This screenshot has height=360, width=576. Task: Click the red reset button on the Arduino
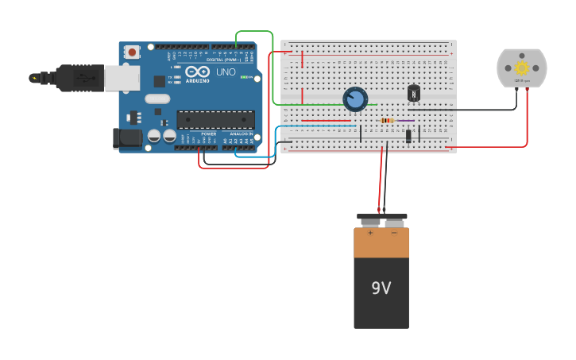point(132,52)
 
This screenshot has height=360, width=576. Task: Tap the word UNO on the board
point(226,72)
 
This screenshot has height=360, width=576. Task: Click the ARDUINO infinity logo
point(197,72)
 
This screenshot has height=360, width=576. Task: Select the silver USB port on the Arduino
point(122,78)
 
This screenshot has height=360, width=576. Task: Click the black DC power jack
point(126,139)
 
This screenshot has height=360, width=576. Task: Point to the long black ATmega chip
point(215,120)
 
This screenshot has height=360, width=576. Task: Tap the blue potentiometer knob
point(355,99)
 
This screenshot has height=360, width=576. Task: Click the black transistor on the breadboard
point(414,94)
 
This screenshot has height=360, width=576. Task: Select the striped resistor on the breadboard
point(388,121)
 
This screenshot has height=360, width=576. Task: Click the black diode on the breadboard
point(408,136)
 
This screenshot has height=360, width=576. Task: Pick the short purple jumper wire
point(405,121)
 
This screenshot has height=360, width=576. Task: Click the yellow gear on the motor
point(522,68)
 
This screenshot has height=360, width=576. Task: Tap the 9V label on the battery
point(381,288)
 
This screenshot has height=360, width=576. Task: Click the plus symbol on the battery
point(370,234)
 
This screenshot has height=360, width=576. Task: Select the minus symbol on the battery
point(393,234)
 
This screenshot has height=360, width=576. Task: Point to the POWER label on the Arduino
point(208,134)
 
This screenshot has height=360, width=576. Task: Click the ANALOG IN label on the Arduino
point(242,134)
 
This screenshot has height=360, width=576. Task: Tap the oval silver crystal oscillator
point(157,99)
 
